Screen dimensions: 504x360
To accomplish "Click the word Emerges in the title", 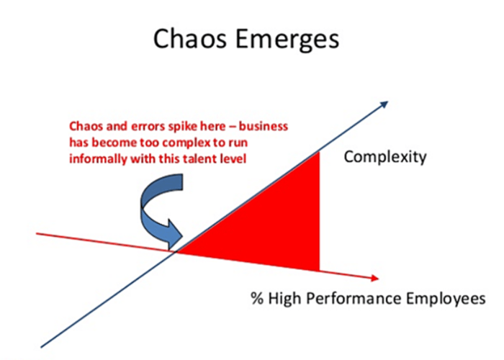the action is (x=287, y=40).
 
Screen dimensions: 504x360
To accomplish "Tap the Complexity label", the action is (x=385, y=158).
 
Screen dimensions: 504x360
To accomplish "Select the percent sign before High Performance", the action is (x=257, y=298).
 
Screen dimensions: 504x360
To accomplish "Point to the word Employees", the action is (x=446, y=299).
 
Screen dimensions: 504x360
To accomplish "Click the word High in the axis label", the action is (x=285, y=299).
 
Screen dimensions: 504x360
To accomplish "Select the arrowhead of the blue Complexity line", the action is (x=384, y=104).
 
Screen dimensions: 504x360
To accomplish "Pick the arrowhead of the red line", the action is (x=375, y=279).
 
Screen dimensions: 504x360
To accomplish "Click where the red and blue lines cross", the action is (x=176, y=252).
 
